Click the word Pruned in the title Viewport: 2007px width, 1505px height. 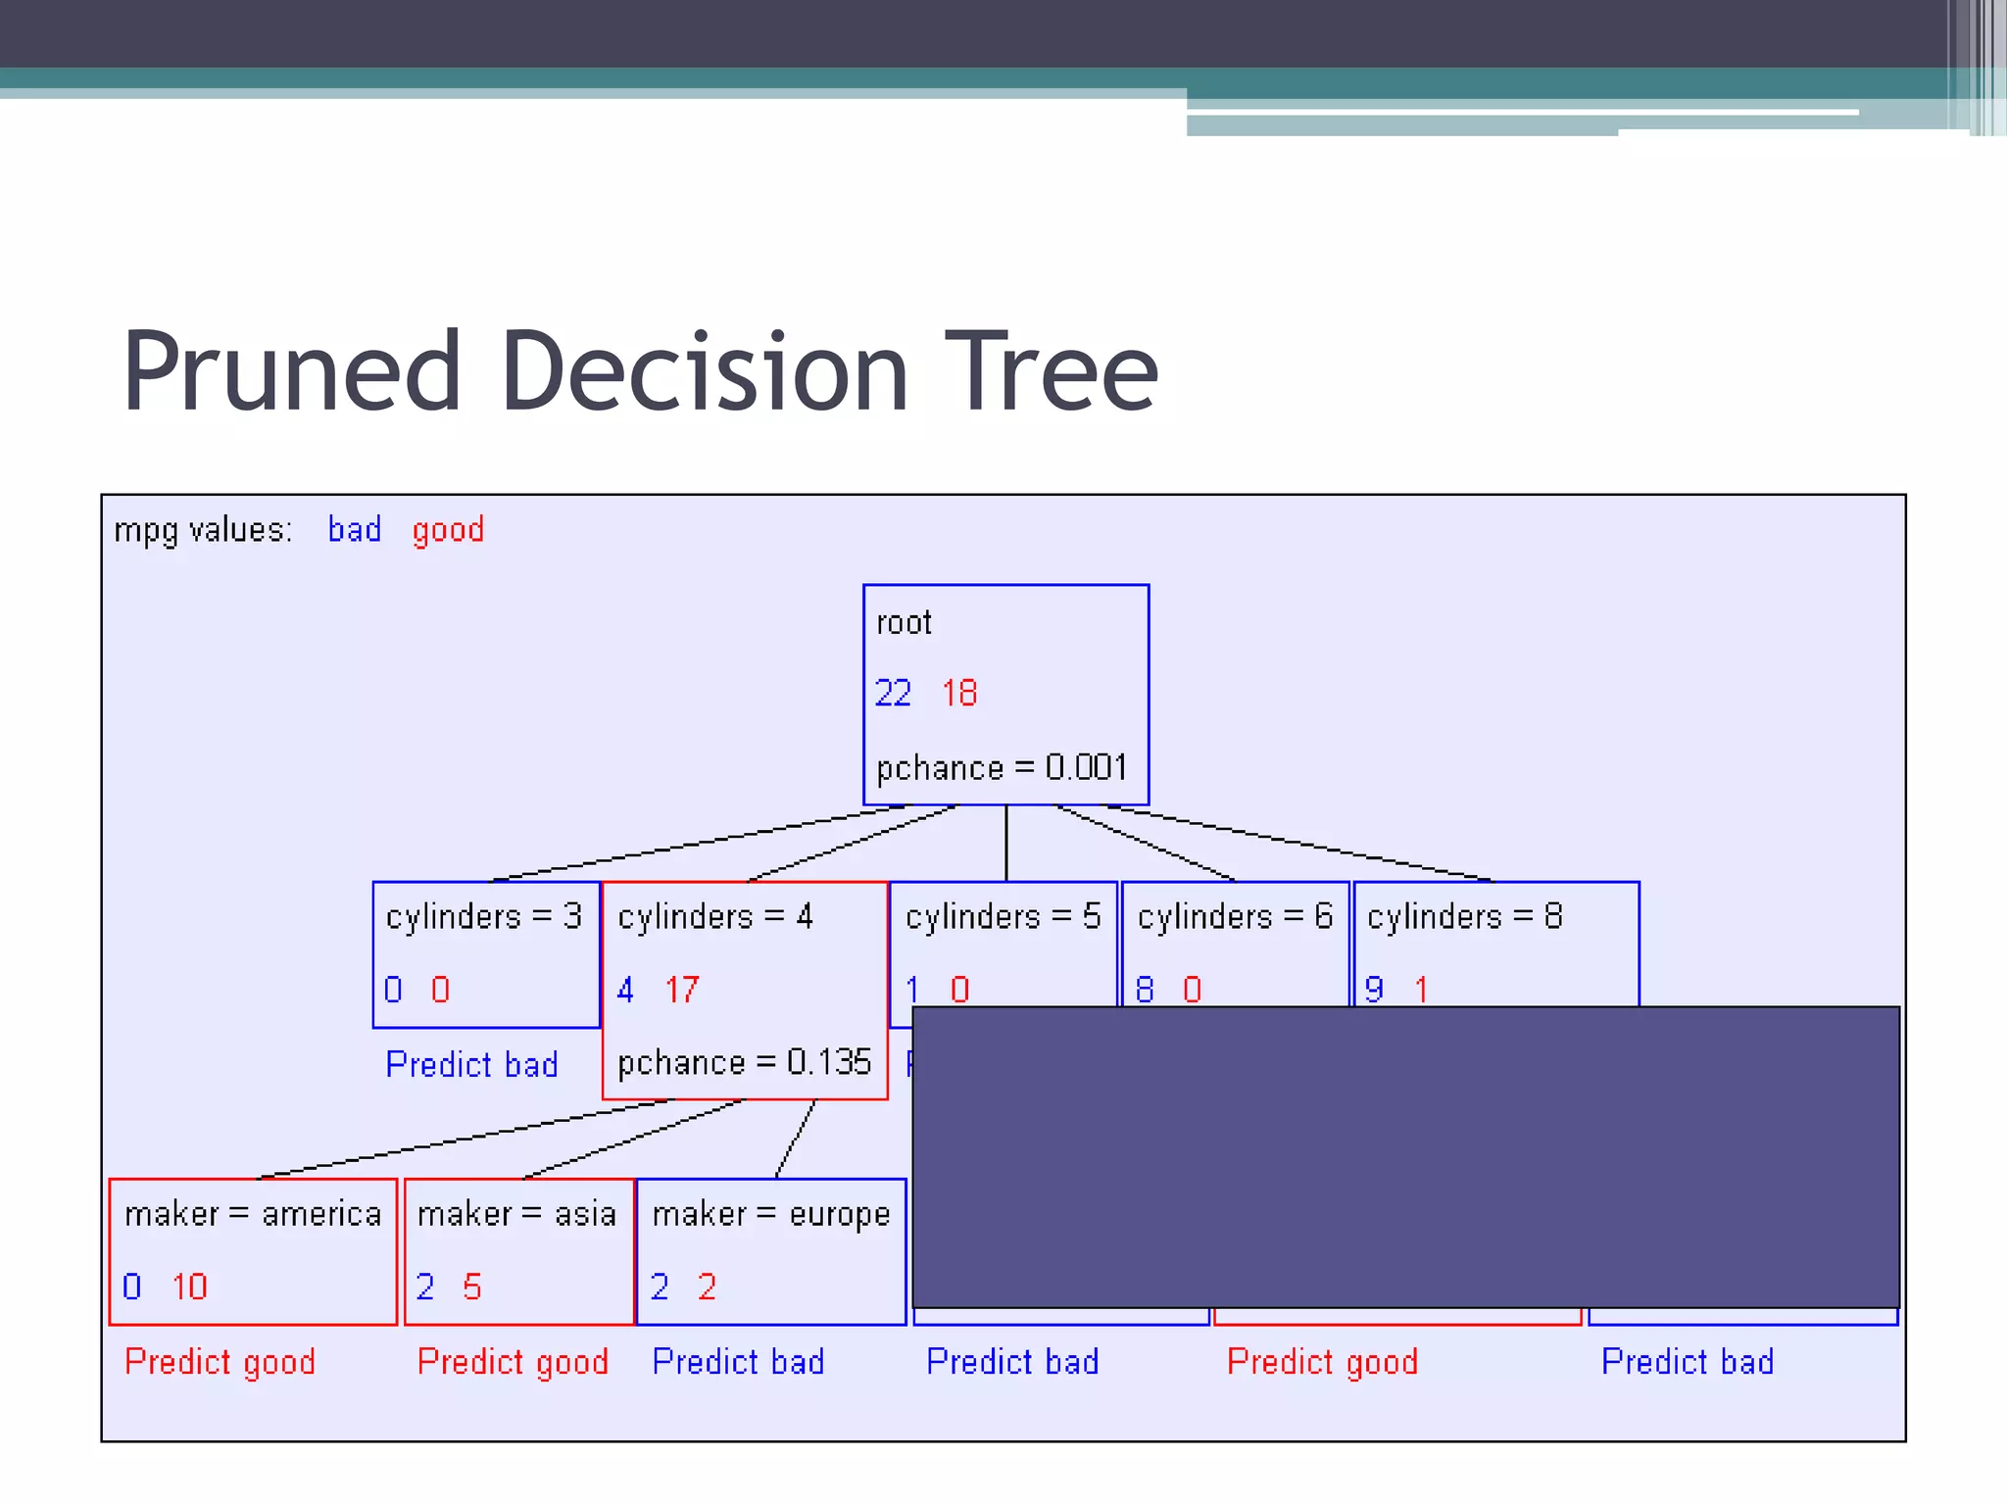(291, 372)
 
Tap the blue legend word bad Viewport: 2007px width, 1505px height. (354, 530)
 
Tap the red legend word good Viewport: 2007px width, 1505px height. (448, 530)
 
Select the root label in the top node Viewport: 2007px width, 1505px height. (904, 623)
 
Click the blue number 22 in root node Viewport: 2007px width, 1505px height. (893, 694)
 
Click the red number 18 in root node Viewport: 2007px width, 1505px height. (959, 694)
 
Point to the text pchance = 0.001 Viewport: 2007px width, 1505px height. (1002, 767)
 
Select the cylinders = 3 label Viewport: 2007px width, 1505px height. (483, 917)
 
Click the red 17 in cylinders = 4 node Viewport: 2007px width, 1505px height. (682, 990)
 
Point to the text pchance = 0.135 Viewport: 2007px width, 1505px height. (744, 1062)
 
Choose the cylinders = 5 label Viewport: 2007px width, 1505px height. (1003, 917)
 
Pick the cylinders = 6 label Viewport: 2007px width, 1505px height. (1235, 917)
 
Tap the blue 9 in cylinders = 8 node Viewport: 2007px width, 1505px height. (1374, 990)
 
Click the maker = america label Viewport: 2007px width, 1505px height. (253, 1215)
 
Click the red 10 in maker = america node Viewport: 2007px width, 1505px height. (189, 1287)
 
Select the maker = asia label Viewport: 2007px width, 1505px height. (516, 1215)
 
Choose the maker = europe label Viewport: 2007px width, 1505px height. (771, 1215)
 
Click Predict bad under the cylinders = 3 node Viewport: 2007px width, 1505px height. (471, 1064)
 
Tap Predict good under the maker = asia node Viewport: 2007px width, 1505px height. (513, 1362)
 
